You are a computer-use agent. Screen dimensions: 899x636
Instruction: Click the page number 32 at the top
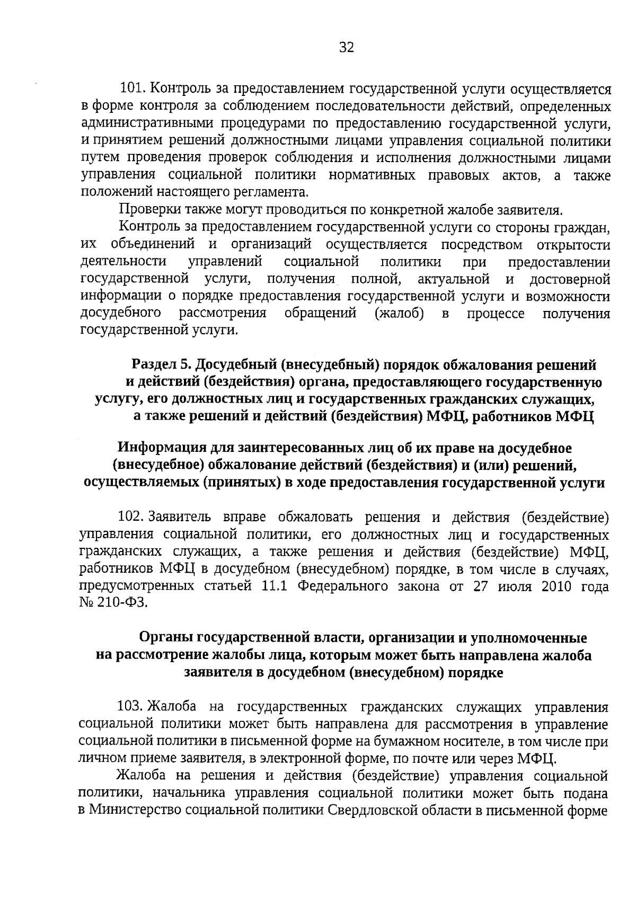pos(346,48)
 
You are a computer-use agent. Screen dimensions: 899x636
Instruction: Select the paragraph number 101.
pos(132,89)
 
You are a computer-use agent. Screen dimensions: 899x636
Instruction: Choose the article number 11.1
pos(275,586)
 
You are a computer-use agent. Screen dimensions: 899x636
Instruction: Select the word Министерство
pos(136,811)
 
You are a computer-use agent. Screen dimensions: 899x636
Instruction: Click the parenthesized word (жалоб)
pos(399,313)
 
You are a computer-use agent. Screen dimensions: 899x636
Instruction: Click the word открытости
pos(573,245)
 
